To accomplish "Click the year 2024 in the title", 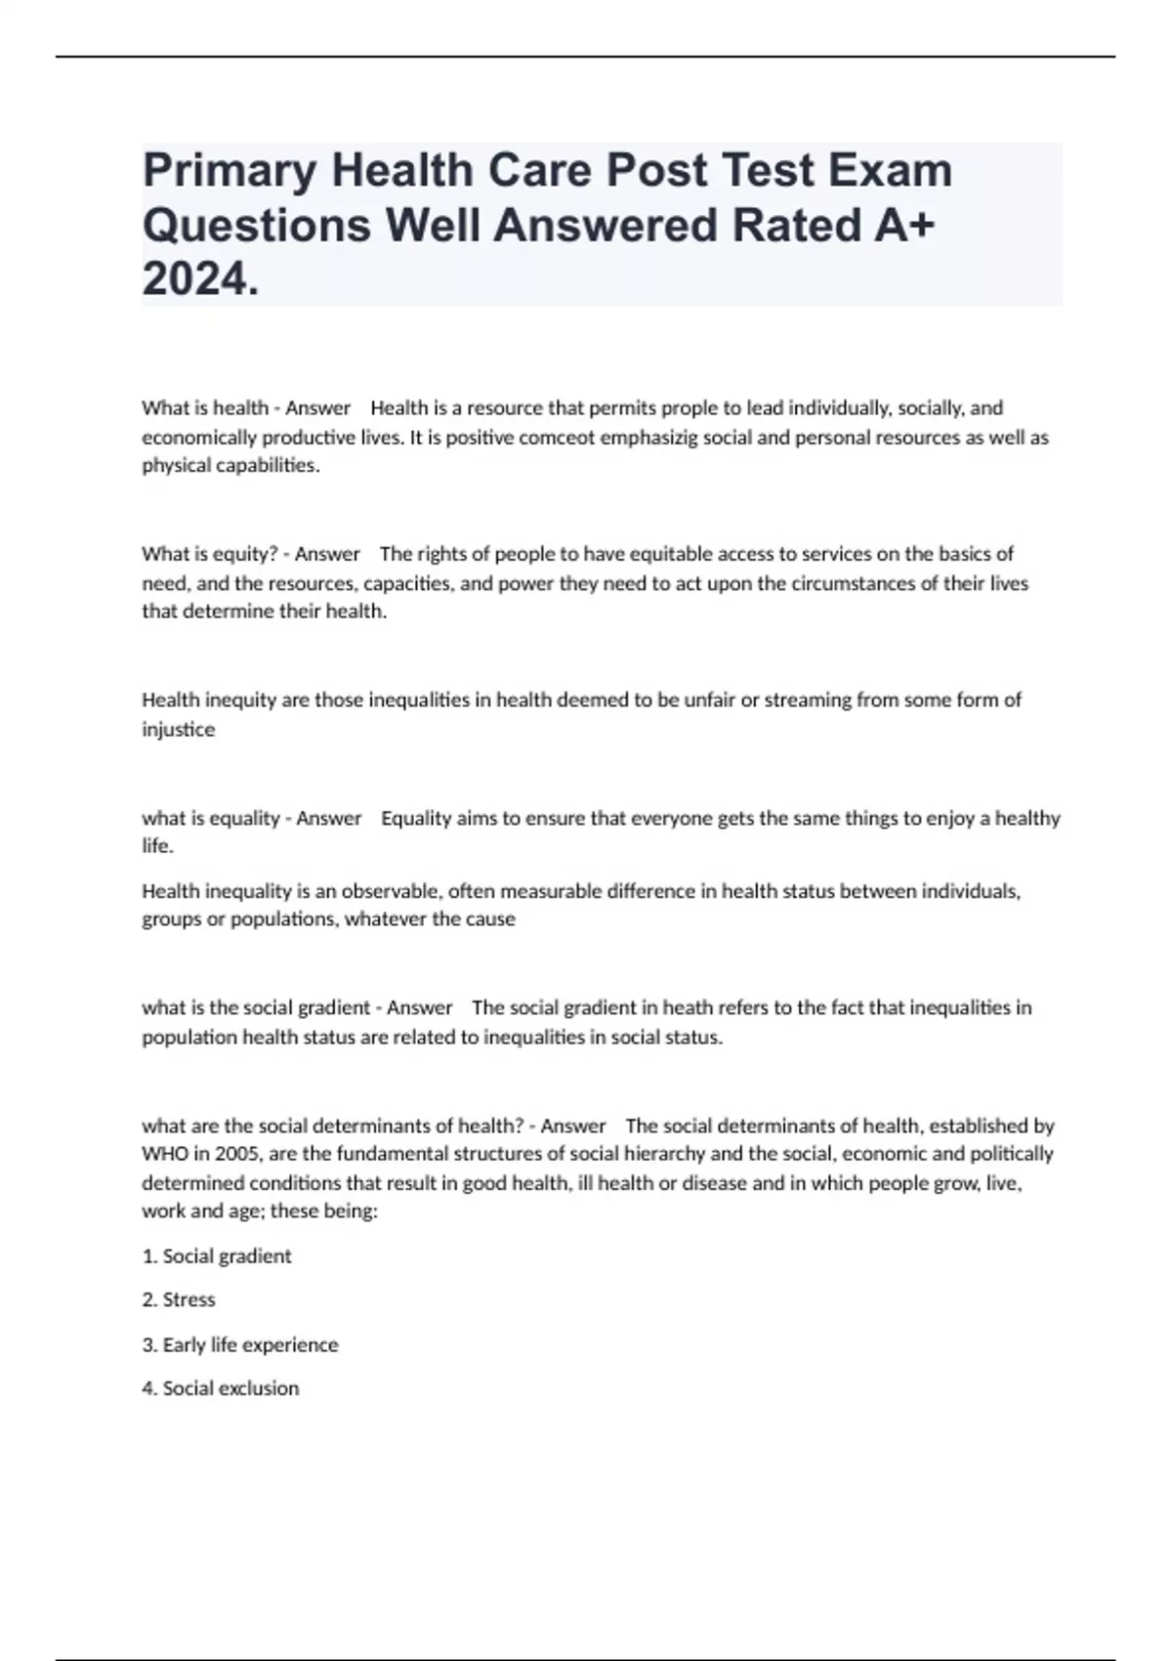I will click(200, 280).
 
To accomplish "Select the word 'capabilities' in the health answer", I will click(261, 466).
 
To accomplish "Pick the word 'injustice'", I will click(179, 729).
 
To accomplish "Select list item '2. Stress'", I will click(179, 1300).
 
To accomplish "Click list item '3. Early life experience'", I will click(240, 1345).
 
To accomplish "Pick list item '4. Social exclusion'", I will click(221, 1388).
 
